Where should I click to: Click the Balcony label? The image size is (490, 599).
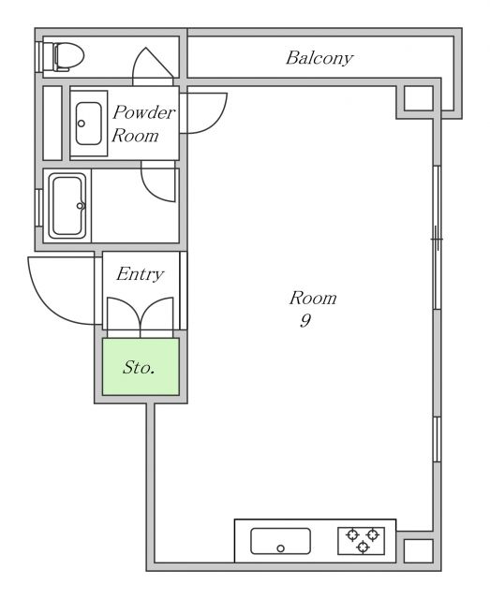(319, 58)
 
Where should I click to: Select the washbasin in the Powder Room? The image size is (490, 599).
(89, 124)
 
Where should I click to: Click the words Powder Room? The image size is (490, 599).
(143, 124)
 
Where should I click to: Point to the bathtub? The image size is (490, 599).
(67, 206)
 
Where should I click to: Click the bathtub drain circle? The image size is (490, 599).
(80, 206)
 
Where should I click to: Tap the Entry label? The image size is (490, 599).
(141, 274)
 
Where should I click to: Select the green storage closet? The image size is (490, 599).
(141, 367)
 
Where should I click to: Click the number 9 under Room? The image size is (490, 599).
(305, 321)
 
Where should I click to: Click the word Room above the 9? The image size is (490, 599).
(313, 299)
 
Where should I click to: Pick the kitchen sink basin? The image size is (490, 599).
(280, 541)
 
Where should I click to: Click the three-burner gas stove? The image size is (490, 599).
(361, 541)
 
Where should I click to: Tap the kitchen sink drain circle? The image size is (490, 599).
(280, 548)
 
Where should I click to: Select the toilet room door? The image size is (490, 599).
(153, 66)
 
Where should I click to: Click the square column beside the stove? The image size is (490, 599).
(419, 551)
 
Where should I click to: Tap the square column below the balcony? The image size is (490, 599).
(419, 98)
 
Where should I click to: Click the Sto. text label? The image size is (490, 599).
(139, 368)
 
